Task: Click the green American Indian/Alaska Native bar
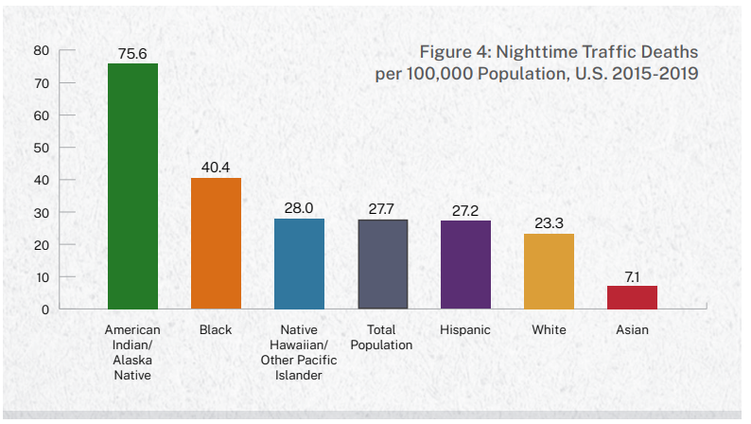[132, 185]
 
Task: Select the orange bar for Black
[216, 243]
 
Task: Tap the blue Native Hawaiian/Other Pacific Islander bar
[299, 263]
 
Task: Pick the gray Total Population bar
[382, 264]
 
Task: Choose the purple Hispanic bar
[465, 265]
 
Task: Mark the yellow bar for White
[549, 271]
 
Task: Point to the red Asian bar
[632, 297]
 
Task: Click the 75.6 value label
[132, 53]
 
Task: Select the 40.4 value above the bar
[216, 168]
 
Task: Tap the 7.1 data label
[632, 275]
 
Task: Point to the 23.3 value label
[549, 223]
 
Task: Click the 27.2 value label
[465, 210]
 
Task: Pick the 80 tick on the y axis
[42, 50]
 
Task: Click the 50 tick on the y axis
[42, 148]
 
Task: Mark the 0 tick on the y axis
[44, 309]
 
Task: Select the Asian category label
[632, 330]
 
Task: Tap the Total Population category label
[382, 338]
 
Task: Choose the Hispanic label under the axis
[465, 330]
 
